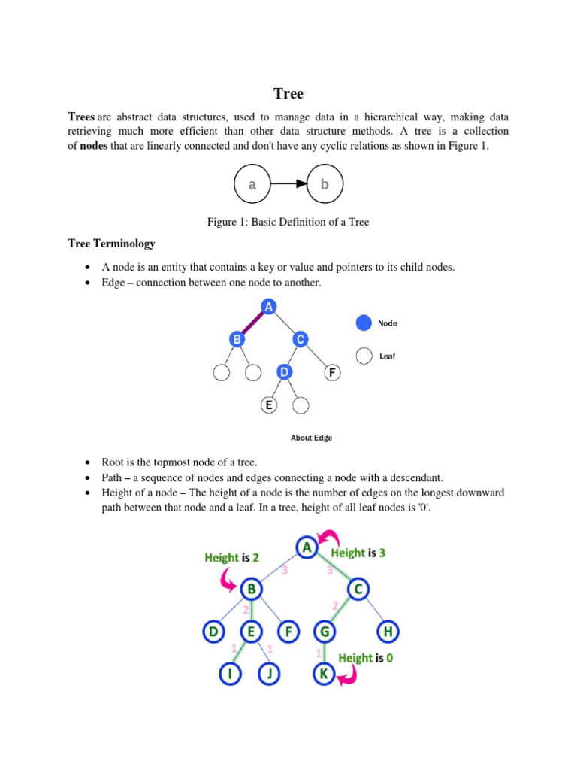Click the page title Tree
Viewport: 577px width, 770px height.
[x=288, y=94]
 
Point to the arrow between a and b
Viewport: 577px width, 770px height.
[x=288, y=183]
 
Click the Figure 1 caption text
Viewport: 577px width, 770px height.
[x=288, y=222]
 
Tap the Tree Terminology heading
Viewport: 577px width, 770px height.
[x=111, y=244]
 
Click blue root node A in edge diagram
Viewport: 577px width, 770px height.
[x=268, y=305]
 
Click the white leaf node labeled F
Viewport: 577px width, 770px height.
[x=332, y=371]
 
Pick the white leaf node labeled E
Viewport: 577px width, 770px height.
[x=268, y=405]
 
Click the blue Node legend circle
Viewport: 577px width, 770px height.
[x=364, y=323]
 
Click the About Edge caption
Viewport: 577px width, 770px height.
[x=311, y=438]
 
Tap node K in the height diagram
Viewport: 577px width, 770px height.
[x=324, y=674]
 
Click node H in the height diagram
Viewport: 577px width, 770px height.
[x=388, y=632]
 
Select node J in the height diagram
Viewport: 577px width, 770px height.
[x=268, y=674]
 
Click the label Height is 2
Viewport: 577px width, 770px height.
[x=232, y=558]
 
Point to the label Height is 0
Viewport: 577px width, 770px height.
[x=365, y=658]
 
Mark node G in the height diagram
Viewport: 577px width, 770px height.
[x=324, y=632]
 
